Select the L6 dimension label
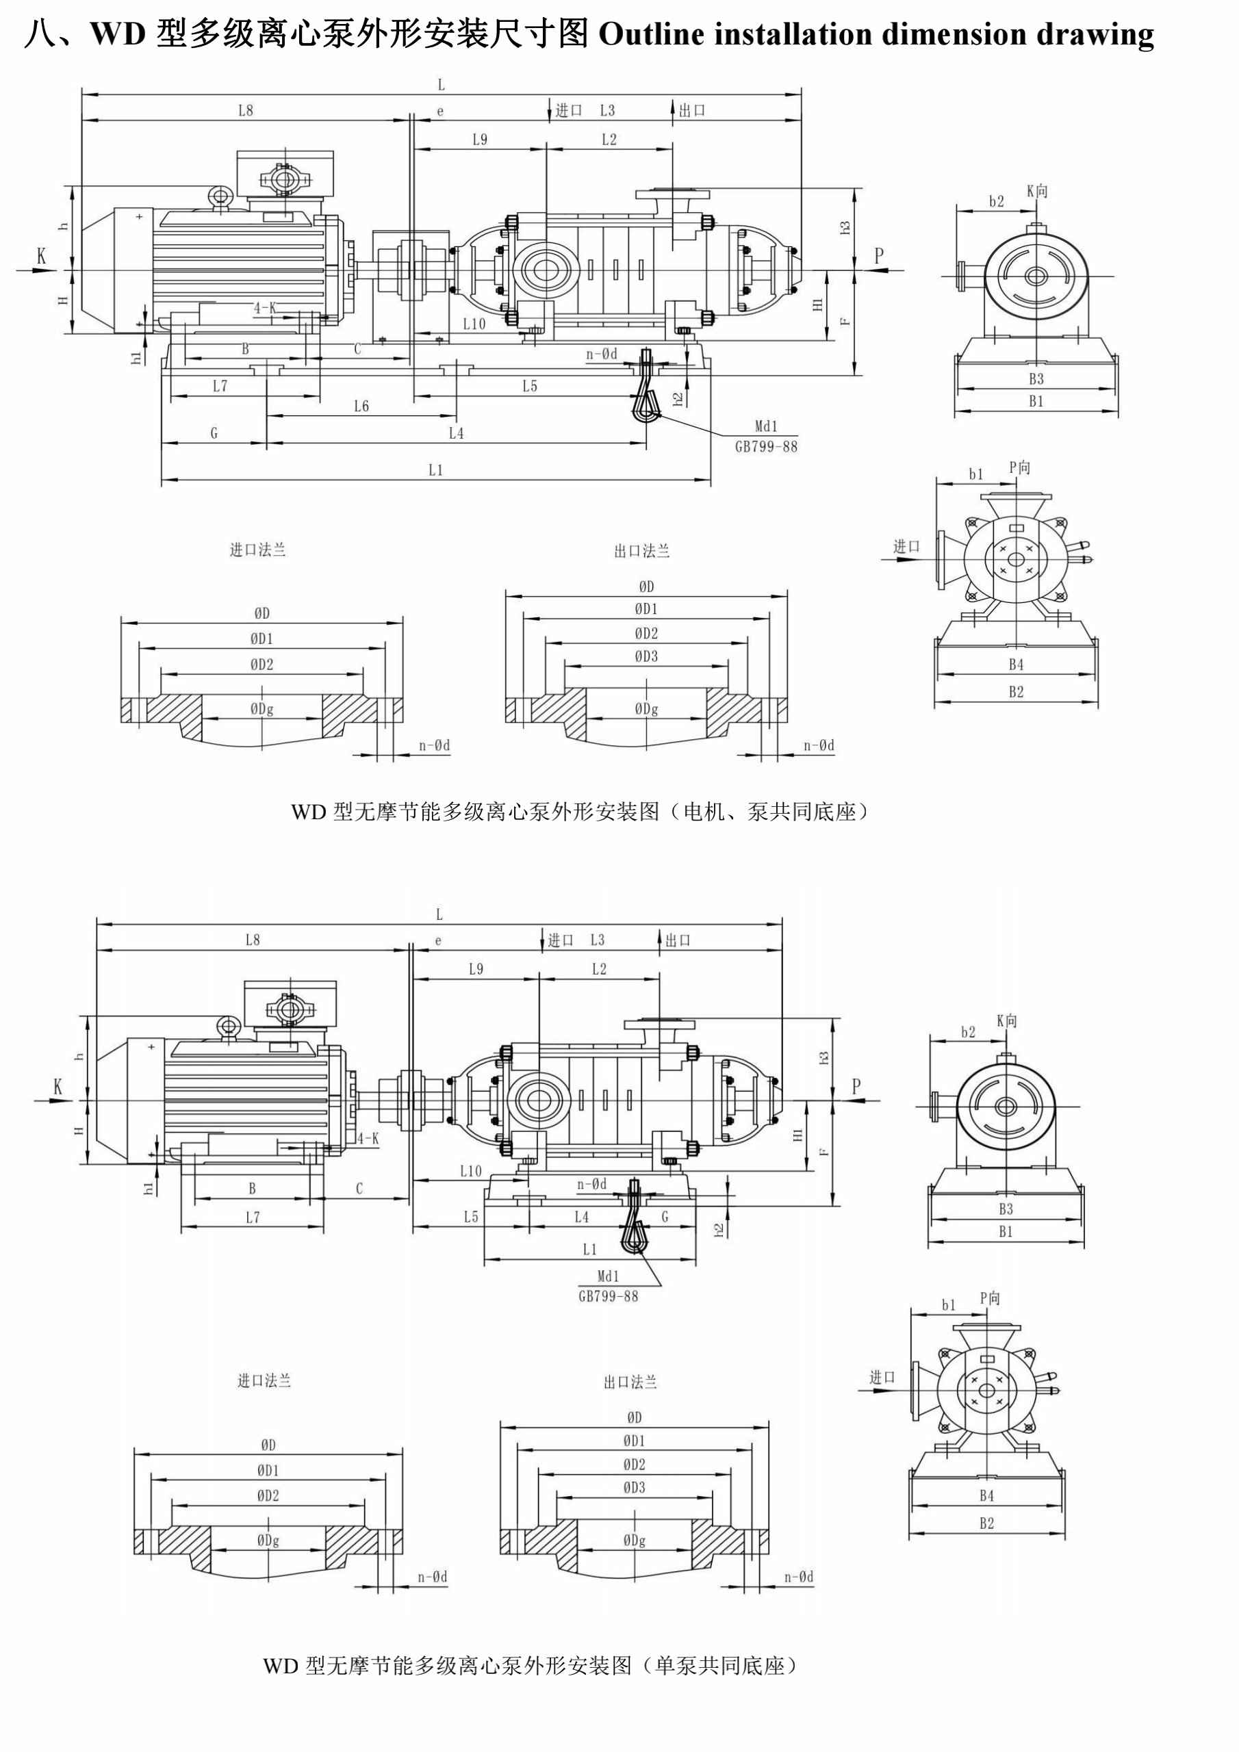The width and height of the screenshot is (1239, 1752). click(361, 407)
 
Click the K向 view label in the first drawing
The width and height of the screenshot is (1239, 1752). click(1036, 192)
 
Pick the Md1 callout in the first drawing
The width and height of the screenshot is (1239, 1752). click(766, 427)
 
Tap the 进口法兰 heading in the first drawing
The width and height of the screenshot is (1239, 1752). click(258, 550)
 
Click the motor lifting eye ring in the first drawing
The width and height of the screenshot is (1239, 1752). click(221, 196)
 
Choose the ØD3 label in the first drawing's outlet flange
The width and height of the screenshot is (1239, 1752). click(646, 656)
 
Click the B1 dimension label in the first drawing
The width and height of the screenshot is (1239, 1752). click(1035, 401)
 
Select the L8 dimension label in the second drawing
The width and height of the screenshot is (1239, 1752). click(253, 940)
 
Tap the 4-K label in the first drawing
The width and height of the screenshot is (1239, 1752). click(265, 308)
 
